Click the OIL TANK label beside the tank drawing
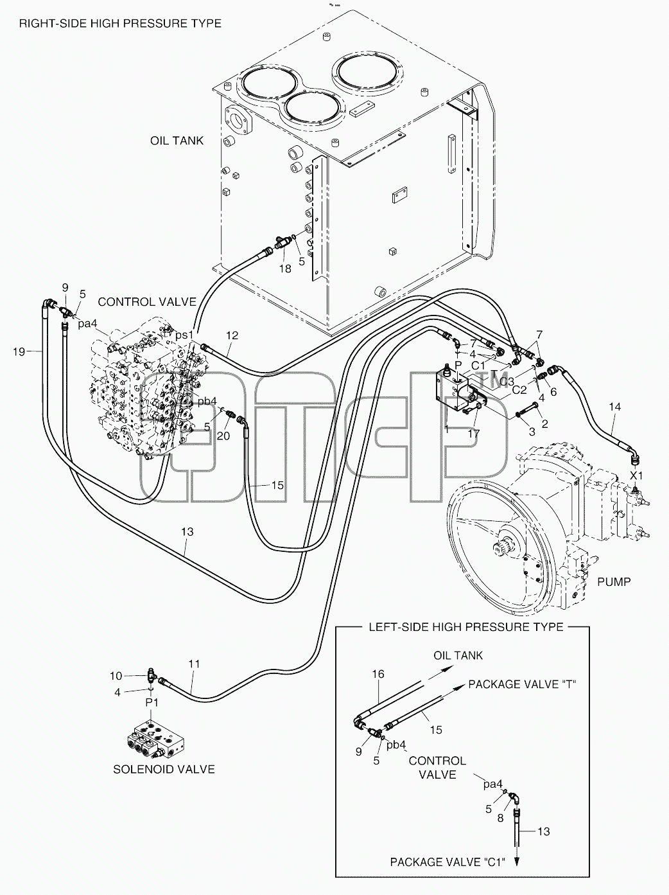coord(177,141)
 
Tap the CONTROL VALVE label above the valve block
coord(147,302)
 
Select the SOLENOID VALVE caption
coord(164,769)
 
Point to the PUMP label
coord(614,581)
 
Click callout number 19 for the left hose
coord(19,351)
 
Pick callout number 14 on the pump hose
coord(615,407)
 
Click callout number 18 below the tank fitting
coord(285,269)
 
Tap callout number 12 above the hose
coord(232,335)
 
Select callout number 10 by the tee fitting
coord(116,676)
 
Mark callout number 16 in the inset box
coord(378,674)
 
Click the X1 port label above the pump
coord(636,475)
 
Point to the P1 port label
coord(152,702)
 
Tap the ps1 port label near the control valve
coord(184,335)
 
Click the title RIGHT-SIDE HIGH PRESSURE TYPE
coord(120,23)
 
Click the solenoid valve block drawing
coord(157,739)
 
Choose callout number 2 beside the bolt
coord(544,423)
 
